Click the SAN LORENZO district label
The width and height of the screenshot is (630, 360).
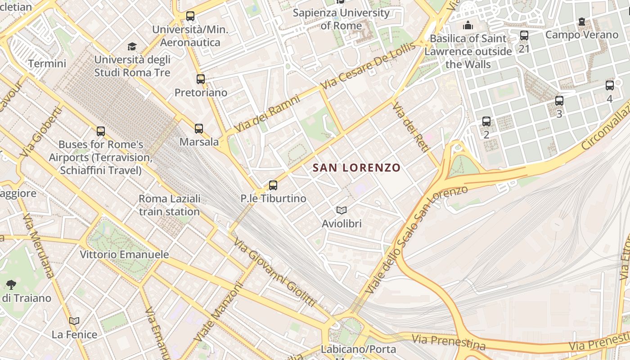pos(356,168)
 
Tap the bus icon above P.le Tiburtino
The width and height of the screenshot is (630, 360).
pos(273,185)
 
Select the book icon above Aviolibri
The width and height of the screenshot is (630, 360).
pos(342,210)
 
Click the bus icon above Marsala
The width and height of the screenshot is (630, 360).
pos(199,129)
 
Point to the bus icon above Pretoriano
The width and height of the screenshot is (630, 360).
pos(201,79)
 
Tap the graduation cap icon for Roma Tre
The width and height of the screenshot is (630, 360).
pos(132,46)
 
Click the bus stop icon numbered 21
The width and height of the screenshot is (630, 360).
pos(524,36)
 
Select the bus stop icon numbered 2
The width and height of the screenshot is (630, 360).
pos(486,121)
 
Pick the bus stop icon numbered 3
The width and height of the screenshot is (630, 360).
pos(559,101)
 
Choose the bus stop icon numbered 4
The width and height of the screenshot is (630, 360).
pos(609,85)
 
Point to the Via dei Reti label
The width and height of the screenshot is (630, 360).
pos(409,127)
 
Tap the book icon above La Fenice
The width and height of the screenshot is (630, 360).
pos(74,321)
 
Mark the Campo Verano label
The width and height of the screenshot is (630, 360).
pos(581,35)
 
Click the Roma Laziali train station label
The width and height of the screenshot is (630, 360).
pos(169,205)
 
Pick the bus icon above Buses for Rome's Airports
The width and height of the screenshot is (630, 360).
pos(101,131)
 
